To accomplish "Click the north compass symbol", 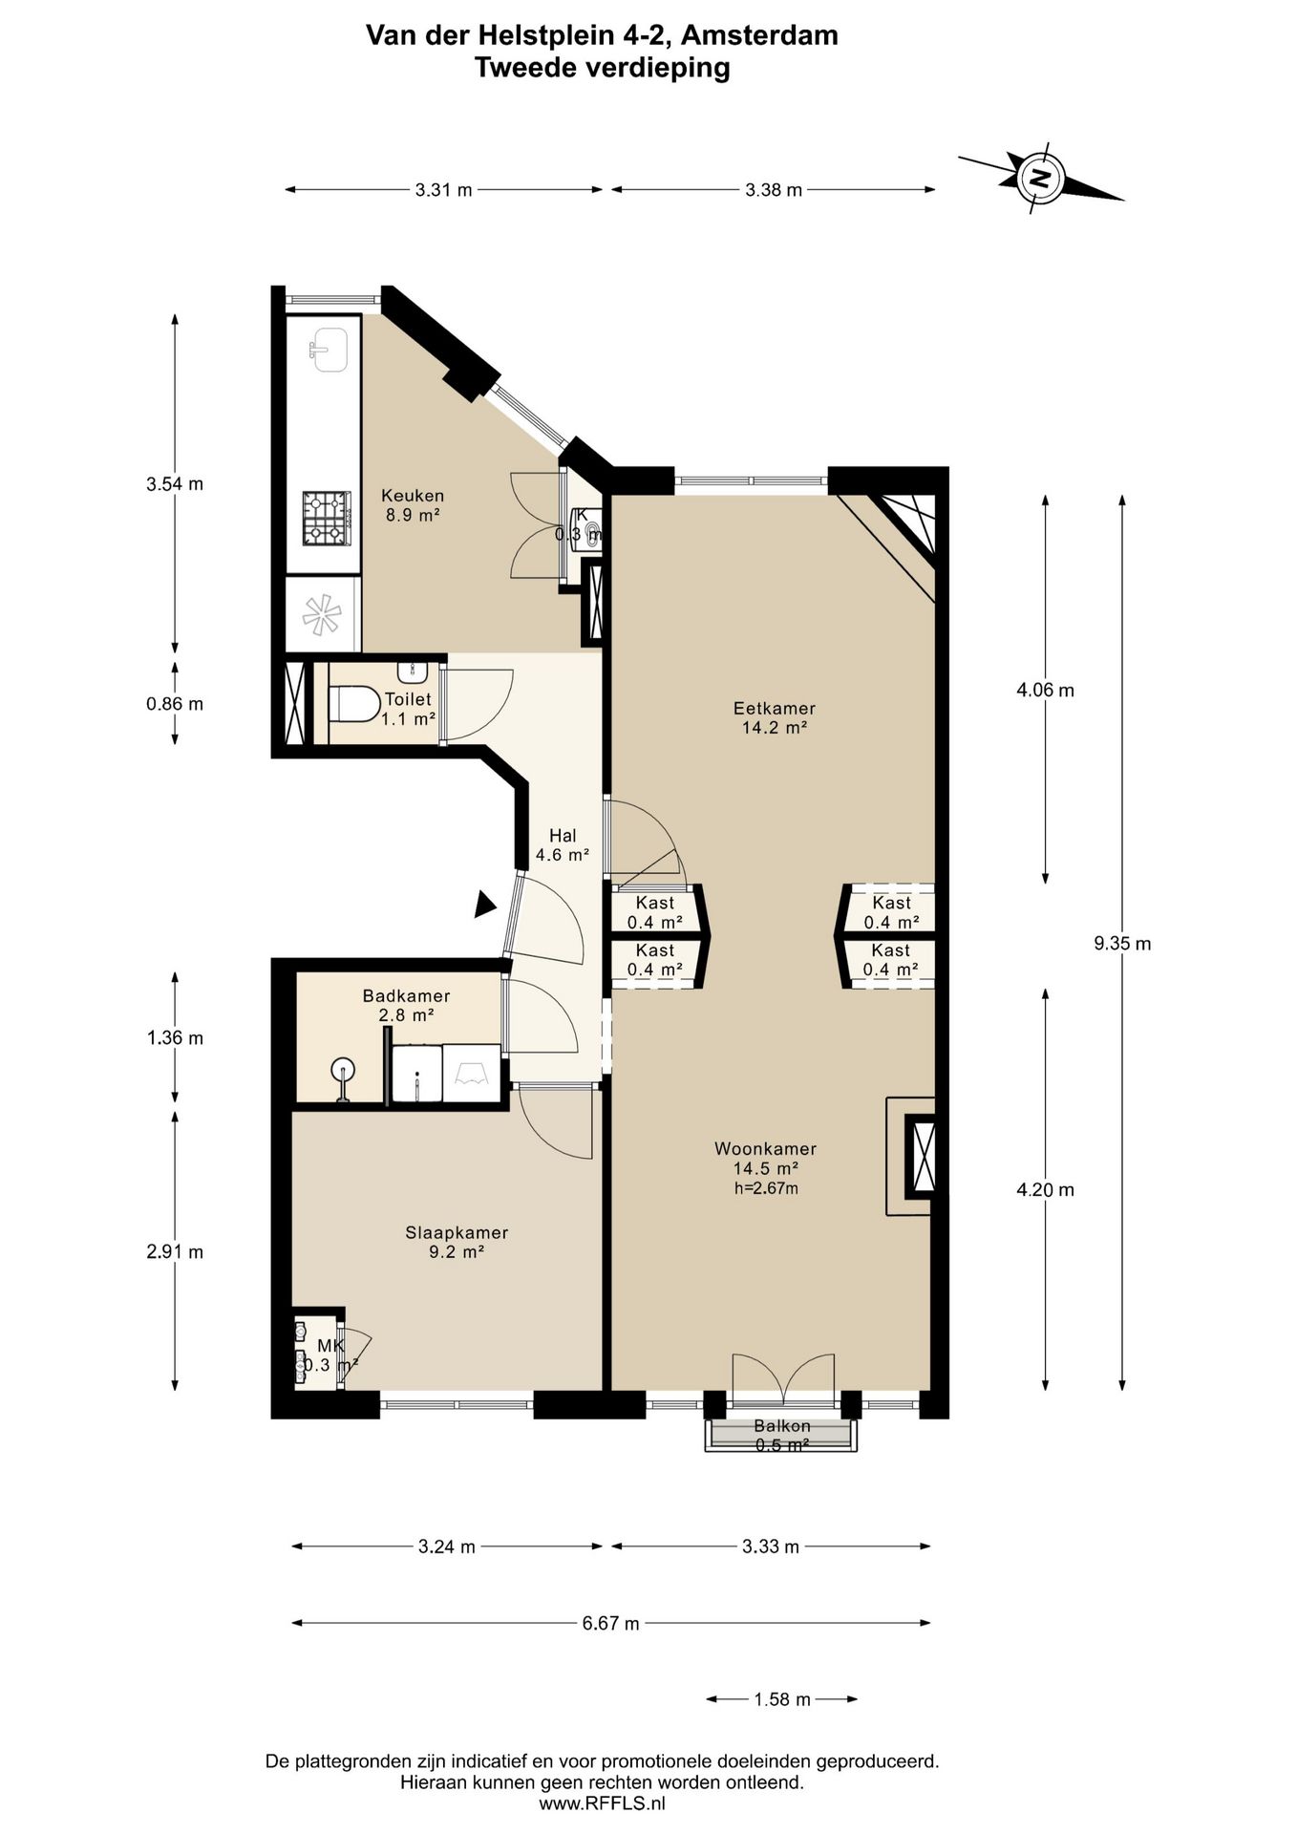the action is [x=1040, y=178].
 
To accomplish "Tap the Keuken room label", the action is [x=413, y=496].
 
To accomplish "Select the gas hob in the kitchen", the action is [x=326, y=518].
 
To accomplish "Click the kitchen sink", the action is [x=329, y=350].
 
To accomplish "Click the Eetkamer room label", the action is [x=775, y=709].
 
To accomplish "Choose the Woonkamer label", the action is [x=766, y=1149].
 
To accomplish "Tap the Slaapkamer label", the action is [x=457, y=1233].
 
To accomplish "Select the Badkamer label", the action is [x=406, y=996].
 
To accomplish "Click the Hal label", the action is [x=563, y=836].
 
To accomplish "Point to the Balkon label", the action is [x=782, y=1426].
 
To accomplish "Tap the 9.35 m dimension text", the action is [x=1122, y=944].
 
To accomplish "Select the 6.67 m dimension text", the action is [x=611, y=1623].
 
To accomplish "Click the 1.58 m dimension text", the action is [x=782, y=1699].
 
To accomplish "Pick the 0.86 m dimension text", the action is [x=175, y=704].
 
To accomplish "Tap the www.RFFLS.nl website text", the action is [x=602, y=1803].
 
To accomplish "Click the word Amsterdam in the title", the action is [x=760, y=35].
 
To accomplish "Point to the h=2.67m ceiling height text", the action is [x=766, y=1188].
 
